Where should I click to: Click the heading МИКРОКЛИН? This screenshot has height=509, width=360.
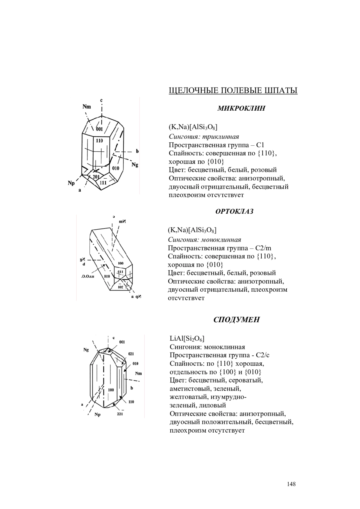(241, 108)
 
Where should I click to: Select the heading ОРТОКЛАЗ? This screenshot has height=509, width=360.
(234, 211)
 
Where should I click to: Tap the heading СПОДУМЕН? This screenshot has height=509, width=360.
(236, 320)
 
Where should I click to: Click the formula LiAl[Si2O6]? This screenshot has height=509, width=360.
(187, 339)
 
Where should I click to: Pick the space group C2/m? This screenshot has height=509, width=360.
(263, 248)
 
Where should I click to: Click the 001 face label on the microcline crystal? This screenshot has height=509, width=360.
(99, 129)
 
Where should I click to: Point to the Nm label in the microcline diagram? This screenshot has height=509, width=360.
(87, 106)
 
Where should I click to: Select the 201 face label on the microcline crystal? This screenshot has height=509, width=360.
(96, 177)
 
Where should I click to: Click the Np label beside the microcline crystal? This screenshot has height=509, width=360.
(71, 183)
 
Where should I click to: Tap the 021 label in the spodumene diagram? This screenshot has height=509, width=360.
(131, 354)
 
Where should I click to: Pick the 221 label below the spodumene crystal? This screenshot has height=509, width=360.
(120, 414)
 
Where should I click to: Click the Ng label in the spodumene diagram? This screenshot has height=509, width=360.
(86, 350)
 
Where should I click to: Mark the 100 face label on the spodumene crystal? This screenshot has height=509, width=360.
(111, 390)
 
